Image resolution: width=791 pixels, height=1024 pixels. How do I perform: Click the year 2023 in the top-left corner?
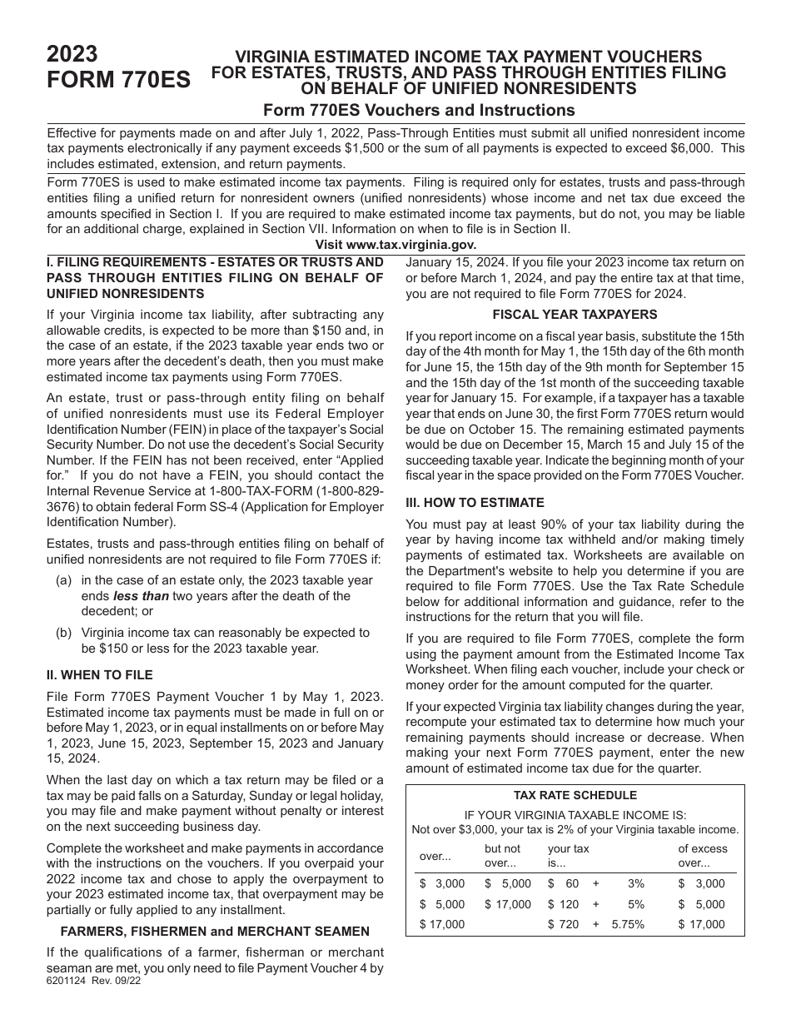coord(72,55)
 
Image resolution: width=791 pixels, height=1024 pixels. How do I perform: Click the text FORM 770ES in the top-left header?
coord(118,80)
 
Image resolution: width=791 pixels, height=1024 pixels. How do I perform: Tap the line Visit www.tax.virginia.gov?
coord(395,245)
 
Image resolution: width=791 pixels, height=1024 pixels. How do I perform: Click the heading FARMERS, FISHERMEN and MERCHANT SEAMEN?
coord(216,931)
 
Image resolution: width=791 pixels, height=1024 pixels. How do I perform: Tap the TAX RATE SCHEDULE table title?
coord(575,795)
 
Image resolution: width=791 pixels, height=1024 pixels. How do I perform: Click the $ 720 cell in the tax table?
coord(563,924)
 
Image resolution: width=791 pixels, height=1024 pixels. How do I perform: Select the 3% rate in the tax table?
coord(635,883)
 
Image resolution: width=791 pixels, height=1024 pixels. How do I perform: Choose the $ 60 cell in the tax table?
coord(563,883)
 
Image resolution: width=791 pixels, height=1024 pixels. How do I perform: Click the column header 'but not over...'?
coord(502,856)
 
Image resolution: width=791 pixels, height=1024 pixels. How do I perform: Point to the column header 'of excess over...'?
coord(703,856)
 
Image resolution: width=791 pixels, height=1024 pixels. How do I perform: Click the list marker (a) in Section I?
coord(64,580)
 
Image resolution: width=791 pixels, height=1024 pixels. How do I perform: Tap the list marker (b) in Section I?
coord(64,633)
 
